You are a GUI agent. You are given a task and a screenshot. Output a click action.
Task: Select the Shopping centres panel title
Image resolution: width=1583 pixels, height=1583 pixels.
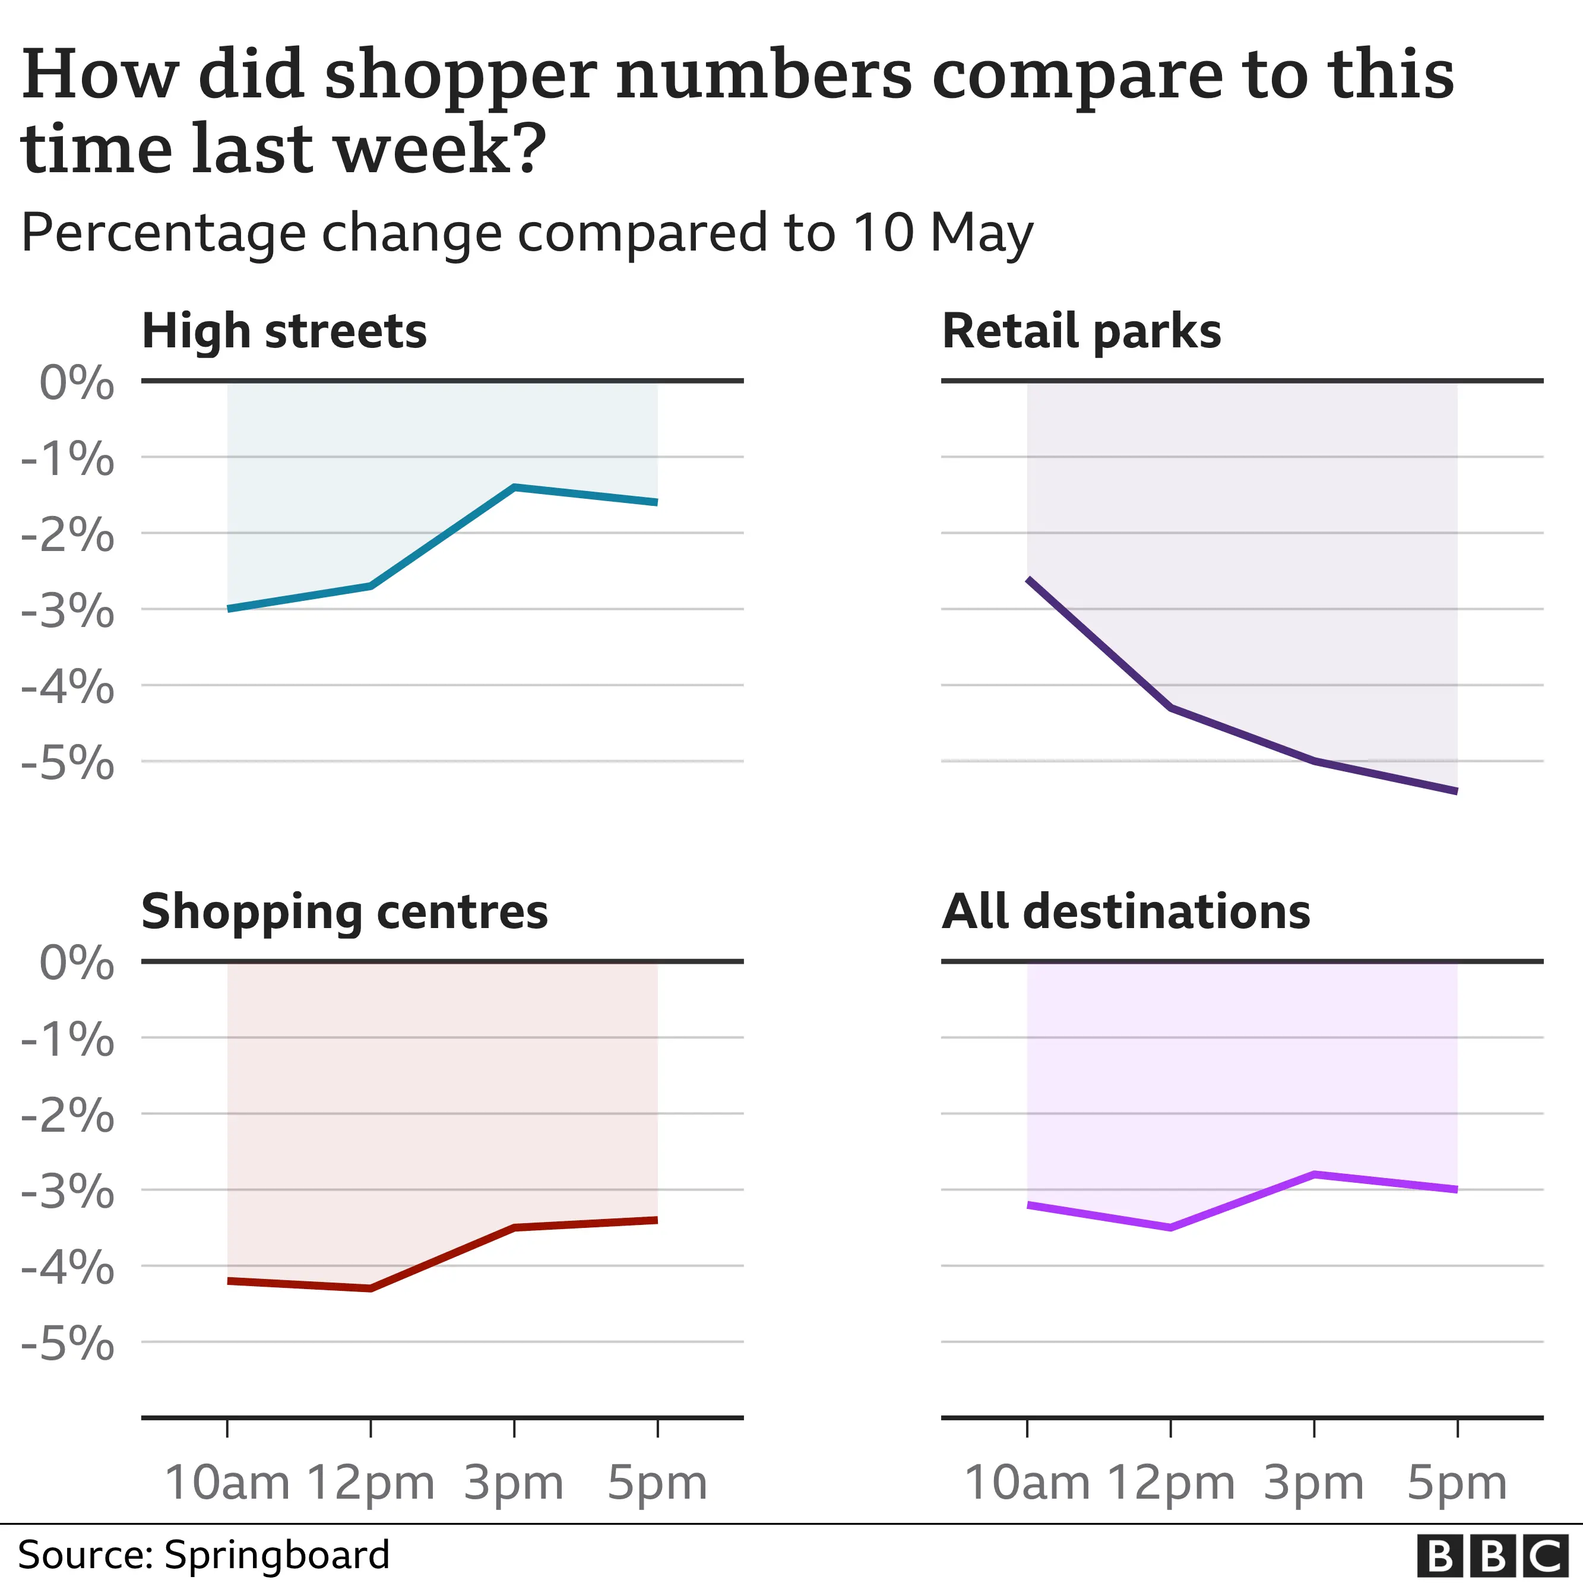pos(344,912)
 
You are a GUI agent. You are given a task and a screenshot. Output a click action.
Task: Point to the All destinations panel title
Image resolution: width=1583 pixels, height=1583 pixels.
pos(1125,912)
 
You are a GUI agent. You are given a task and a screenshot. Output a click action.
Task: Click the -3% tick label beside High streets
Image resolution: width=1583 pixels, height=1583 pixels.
pos(68,611)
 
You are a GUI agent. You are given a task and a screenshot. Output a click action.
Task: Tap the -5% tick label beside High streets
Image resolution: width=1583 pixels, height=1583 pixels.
pos(68,764)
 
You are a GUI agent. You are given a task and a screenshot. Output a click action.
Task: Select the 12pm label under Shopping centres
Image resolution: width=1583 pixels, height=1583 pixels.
pos(371,1483)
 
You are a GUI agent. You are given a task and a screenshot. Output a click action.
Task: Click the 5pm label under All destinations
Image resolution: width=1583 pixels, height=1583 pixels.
pos(1457,1483)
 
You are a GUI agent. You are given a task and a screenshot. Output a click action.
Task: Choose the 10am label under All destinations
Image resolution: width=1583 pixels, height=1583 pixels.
pos(1027,1483)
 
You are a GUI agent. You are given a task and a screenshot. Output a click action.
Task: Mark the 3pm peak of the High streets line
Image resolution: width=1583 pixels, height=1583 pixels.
pos(514,487)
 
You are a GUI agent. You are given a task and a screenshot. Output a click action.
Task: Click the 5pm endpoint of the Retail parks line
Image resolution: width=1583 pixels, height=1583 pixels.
pos(1455,791)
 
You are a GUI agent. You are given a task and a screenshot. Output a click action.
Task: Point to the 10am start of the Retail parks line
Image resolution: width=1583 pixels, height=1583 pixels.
pos(1029,580)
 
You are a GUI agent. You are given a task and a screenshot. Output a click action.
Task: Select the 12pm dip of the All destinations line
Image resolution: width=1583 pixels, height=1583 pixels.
pos(1170,1227)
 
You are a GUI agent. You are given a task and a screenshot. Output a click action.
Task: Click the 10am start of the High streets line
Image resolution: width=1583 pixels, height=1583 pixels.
pos(229,609)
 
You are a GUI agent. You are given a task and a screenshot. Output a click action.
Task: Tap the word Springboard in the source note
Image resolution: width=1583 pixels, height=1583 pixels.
pos(276,1555)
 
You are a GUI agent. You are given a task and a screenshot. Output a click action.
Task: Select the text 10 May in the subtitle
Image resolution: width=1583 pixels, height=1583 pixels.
pos(942,233)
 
